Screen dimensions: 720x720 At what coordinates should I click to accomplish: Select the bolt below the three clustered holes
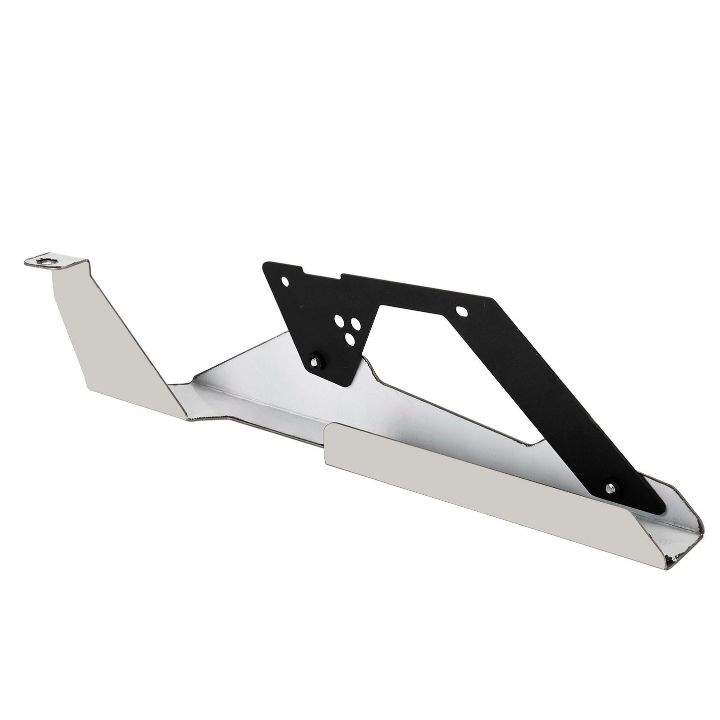pos(314,358)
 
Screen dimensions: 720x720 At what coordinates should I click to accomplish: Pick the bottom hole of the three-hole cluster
pos(349,339)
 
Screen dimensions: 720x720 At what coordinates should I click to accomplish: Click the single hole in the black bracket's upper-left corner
pos(285,281)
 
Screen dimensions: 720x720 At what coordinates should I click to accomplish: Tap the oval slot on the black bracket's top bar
pos(462,310)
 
